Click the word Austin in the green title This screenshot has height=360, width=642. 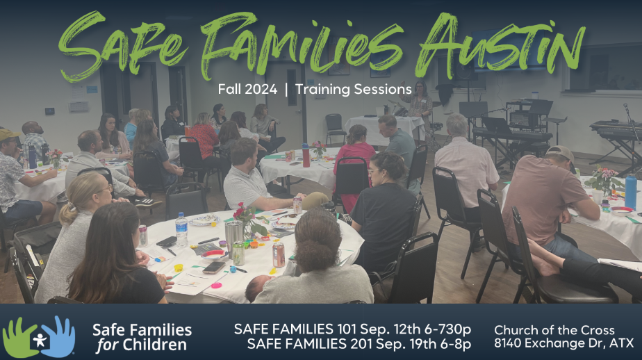tap(500, 46)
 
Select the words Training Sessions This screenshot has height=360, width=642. tap(354, 89)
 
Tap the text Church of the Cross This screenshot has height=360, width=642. tap(554, 329)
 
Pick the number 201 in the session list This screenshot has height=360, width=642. tap(347, 343)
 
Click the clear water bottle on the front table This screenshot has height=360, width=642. tap(181, 229)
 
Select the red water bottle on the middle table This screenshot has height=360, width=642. tap(306, 155)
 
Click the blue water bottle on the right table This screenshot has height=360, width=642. tap(631, 191)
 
